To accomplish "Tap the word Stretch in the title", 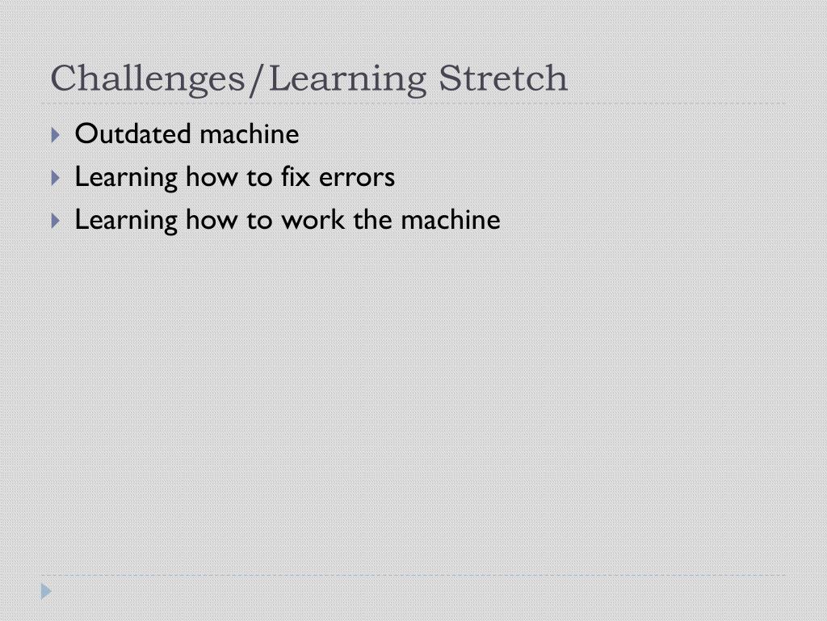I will tap(503, 78).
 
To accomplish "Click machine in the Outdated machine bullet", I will tap(249, 133).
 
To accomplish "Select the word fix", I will tap(295, 176).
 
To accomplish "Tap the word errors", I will tap(357, 176).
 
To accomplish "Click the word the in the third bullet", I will tap(372, 219).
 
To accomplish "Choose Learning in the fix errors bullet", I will tap(126, 176).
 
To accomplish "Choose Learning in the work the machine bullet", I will tap(126, 219).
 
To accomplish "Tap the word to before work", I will tap(259, 219).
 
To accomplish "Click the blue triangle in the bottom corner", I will tap(46, 592).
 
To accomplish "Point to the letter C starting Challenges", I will tap(63, 78).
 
